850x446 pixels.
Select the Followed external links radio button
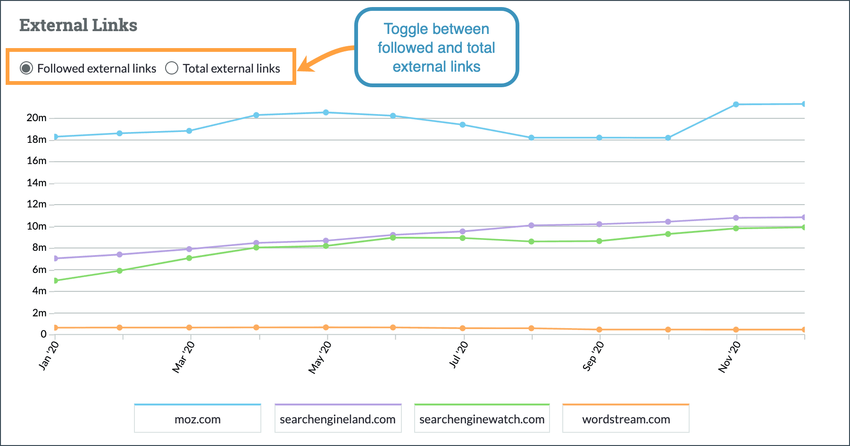(26, 68)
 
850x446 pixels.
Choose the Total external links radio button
(172, 68)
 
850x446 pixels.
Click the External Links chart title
(78, 25)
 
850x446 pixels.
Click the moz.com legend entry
(198, 419)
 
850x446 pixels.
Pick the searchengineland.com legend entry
(338, 419)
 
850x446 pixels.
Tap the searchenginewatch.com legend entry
(482, 419)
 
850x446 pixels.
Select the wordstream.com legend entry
(626, 419)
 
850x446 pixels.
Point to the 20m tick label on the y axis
(36, 118)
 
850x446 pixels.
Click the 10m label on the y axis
(36, 226)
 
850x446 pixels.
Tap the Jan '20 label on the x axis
(49, 356)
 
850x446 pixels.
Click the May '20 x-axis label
(320, 358)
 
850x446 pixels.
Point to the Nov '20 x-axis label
(730, 357)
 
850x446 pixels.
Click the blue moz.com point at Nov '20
(736, 104)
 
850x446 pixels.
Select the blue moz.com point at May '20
(326, 113)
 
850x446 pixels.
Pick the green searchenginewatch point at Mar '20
(189, 258)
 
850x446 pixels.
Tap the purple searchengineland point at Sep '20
(600, 224)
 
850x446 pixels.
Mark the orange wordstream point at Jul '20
(463, 328)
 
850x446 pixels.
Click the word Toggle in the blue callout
(406, 29)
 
